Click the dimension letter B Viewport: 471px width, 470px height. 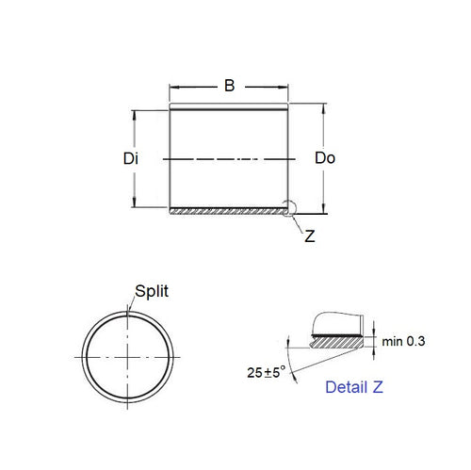pyautogui.click(x=228, y=86)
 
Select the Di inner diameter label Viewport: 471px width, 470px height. pyautogui.click(x=131, y=159)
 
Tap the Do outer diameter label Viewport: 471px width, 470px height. pyautogui.click(x=324, y=159)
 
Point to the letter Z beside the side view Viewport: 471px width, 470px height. pyautogui.click(x=310, y=237)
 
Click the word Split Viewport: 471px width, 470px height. pyautogui.click(x=152, y=292)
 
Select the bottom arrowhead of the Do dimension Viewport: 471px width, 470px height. pyautogui.click(x=325, y=211)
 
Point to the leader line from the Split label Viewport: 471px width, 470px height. pyautogui.click(x=131, y=301)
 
